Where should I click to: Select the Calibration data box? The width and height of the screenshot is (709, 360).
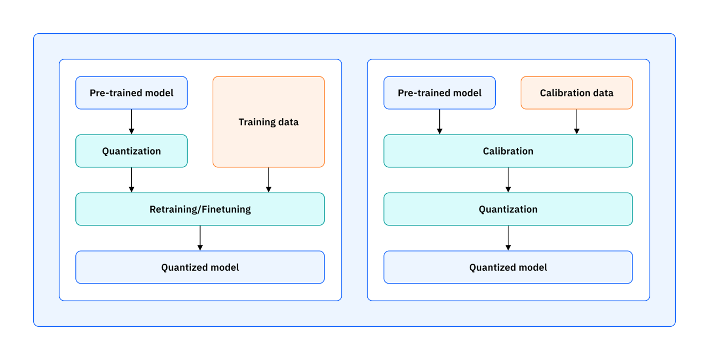click(x=577, y=92)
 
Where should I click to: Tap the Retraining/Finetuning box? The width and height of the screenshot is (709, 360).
click(x=200, y=209)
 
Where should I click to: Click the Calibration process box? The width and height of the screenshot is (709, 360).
click(x=508, y=151)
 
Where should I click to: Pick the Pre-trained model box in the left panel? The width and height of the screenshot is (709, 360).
click(x=131, y=92)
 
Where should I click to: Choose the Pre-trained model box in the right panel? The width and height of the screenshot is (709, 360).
click(x=439, y=92)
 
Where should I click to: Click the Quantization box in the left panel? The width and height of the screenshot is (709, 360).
click(x=131, y=151)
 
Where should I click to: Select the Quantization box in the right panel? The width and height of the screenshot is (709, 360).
click(x=508, y=209)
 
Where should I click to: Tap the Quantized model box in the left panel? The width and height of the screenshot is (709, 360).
click(x=200, y=267)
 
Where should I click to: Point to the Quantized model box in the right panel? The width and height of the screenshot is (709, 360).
click(x=508, y=267)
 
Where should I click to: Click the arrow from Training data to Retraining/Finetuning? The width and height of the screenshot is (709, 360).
click(x=269, y=180)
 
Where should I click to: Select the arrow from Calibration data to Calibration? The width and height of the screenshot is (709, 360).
click(x=577, y=122)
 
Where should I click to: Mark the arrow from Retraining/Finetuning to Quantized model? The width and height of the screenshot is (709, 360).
click(x=200, y=238)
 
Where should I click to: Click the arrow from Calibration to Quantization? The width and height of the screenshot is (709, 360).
click(x=508, y=180)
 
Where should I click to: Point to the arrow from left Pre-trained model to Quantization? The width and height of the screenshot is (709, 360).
click(x=131, y=122)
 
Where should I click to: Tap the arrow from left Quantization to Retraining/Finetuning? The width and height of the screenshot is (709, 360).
click(x=131, y=180)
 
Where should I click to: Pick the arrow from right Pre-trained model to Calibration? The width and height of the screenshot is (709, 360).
click(x=439, y=122)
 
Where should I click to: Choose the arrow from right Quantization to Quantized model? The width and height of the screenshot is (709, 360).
click(x=508, y=238)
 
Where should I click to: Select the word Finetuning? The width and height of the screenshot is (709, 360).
click(x=226, y=209)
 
